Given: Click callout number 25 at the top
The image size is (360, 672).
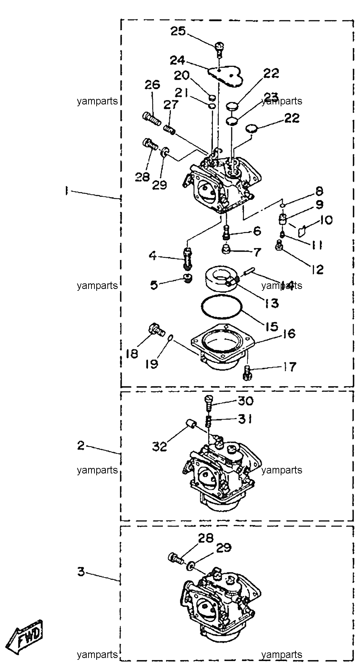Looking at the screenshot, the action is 178,31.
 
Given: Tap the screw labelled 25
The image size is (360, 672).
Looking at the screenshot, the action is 219,49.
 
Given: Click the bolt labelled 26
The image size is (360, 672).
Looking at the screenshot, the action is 152,118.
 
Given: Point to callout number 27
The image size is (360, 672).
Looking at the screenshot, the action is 171,104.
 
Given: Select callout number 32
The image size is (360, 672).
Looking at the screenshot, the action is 160,447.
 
